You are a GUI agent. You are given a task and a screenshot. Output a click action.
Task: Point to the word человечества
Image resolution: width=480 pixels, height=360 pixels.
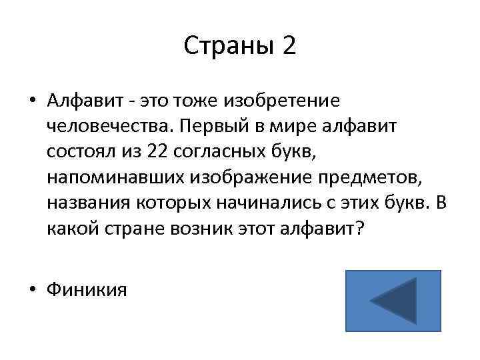point(107,127)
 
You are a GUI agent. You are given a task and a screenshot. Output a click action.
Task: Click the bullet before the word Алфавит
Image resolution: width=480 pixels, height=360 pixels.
point(33,101)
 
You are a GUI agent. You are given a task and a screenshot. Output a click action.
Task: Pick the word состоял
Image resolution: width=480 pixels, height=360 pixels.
point(75,153)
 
